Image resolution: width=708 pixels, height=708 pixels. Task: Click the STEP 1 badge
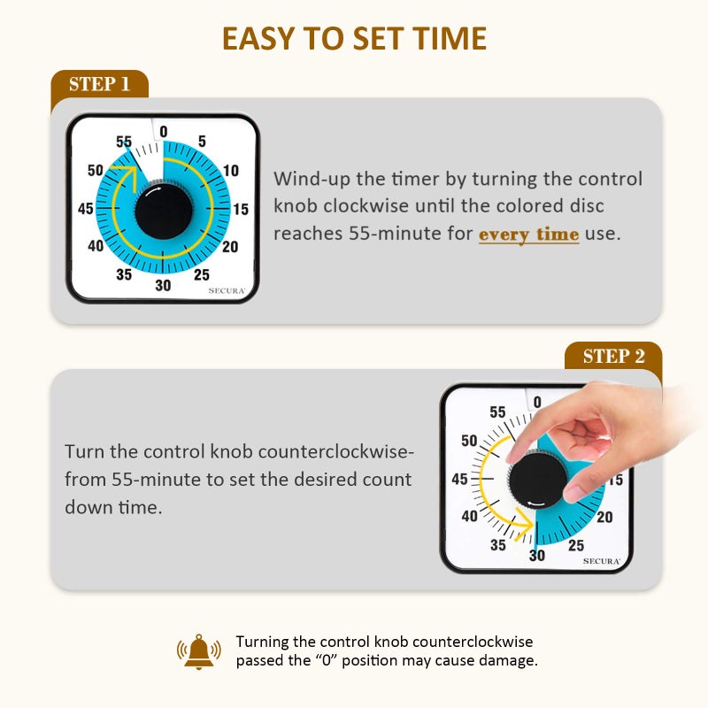[x=99, y=85]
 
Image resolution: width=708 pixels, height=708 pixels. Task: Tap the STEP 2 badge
[x=612, y=356]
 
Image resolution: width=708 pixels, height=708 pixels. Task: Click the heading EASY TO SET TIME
[x=354, y=39]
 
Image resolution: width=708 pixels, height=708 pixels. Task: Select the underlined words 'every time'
[x=528, y=235]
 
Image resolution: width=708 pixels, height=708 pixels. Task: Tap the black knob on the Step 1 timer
[x=163, y=210]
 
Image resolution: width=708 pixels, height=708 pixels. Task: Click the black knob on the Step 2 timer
[x=538, y=479]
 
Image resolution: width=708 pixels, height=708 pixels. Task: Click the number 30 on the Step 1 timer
[x=163, y=285]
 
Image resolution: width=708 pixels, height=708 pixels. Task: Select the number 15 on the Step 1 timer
[x=240, y=210]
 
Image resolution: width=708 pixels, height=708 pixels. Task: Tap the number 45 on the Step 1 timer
[x=86, y=210]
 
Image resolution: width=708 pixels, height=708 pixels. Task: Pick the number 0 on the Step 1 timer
[x=163, y=133]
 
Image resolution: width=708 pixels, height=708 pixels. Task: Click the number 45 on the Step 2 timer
[x=460, y=480]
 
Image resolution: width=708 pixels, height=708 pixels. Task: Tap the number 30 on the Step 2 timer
[x=537, y=556]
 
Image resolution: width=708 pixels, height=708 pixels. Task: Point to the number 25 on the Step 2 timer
[x=576, y=545]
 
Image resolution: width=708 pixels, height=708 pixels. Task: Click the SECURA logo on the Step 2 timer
[x=601, y=561]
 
